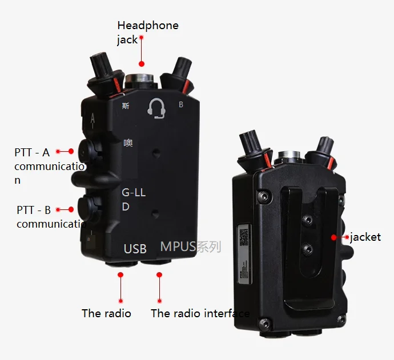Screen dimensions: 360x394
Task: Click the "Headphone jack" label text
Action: coord(147,32)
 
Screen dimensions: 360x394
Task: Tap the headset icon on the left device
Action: coord(157,108)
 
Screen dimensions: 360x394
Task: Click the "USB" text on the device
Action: coord(135,249)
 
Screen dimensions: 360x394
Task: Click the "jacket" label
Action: coord(365,237)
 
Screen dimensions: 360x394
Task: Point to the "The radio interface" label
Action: coord(200,313)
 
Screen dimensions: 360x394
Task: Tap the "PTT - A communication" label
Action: coord(49,166)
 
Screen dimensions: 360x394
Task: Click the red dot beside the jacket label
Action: coord(334,236)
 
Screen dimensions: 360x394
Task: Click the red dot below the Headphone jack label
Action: coord(142,64)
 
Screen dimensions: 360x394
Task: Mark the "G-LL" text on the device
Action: coord(134,193)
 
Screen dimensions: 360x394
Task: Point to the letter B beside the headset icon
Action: coord(181,105)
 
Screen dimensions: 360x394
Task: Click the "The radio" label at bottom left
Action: coord(106,313)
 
